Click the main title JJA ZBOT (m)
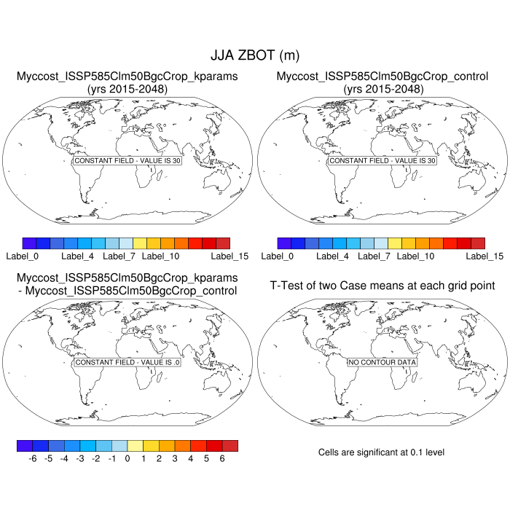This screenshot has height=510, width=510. [x=254, y=55]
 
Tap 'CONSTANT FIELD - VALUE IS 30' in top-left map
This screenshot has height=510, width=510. [x=127, y=160]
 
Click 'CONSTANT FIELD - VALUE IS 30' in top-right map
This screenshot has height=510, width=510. [x=382, y=160]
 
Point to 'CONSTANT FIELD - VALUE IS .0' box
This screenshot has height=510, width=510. [x=127, y=362]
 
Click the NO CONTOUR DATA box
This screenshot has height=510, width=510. [x=382, y=362]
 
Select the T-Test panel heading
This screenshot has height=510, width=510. [x=382, y=285]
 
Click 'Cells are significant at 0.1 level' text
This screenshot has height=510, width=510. [x=381, y=452]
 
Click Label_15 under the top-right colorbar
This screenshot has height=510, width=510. [x=484, y=256]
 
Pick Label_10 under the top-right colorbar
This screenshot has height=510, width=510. [x=415, y=256]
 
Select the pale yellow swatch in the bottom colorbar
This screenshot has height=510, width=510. [x=135, y=445]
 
